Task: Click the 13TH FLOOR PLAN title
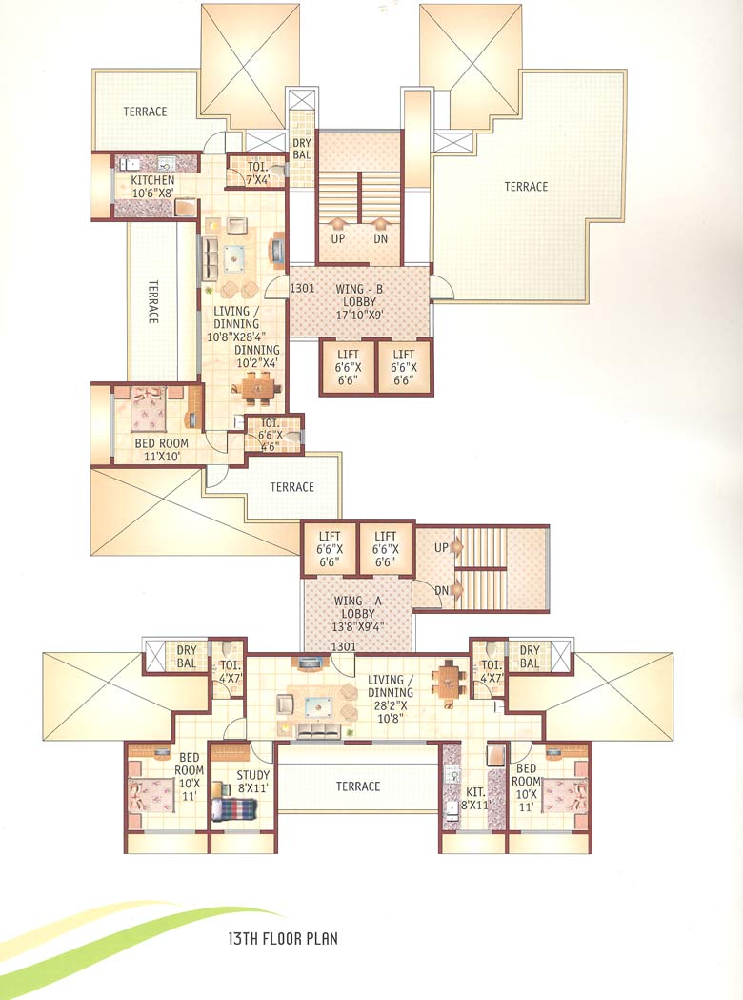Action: (270, 939)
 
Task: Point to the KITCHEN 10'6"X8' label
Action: (146, 187)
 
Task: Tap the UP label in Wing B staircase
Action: (338, 238)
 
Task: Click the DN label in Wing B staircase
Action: (381, 238)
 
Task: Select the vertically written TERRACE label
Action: (152, 302)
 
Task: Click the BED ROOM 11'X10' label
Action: (162, 450)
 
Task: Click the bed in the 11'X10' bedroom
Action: (148, 411)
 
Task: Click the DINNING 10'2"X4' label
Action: (257, 356)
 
